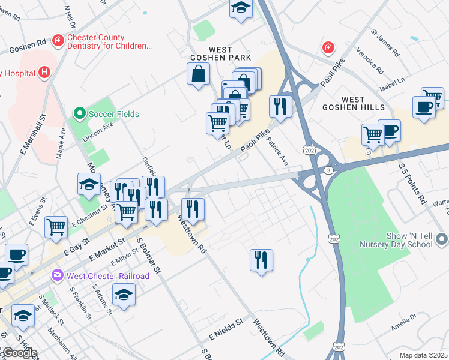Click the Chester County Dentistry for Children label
(110, 41)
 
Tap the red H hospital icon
(44, 73)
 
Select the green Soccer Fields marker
(79, 113)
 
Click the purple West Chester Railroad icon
(58, 275)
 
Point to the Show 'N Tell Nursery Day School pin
(442, 239)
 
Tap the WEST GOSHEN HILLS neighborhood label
(363, 103)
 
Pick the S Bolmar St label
(150, 255)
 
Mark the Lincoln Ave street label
(99, 130)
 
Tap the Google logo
(19, 353)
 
